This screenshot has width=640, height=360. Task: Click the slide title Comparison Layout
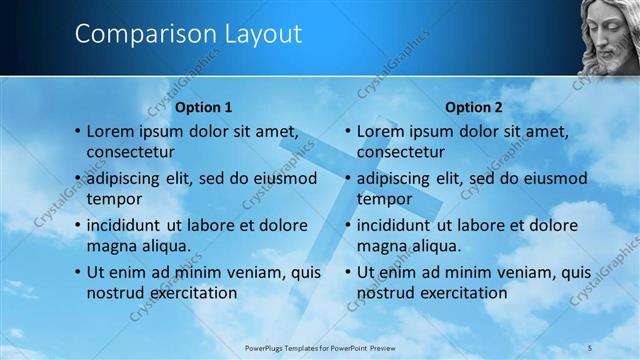(x=188, y=33)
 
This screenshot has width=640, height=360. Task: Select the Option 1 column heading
(x=203, y=107)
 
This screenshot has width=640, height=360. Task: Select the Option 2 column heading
(x=474, y=107)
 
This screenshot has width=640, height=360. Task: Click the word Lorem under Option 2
(x=380, y=131)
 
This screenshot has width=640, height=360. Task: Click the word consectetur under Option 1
(x=131, y=152)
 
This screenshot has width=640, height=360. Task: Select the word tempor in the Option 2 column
(x=384, y=198)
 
